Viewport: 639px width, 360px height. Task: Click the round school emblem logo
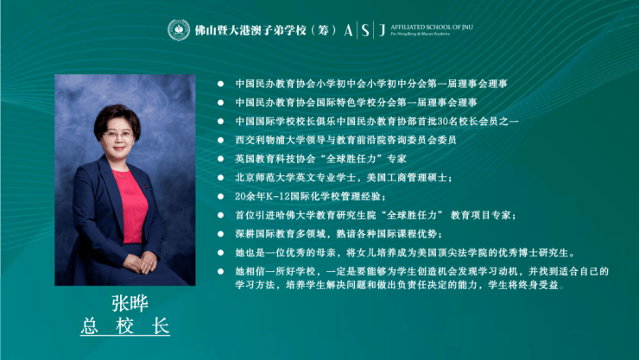click(x=179, y=29)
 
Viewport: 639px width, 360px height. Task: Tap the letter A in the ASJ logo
click(x=348, y=30)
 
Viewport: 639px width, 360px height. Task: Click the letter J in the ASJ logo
click(x=382, y=30)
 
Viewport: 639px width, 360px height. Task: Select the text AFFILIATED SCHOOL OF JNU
click(x=432, y=28)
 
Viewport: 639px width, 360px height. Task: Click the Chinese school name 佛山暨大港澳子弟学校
click(x=250, y=30)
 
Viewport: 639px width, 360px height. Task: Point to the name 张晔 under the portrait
click(x=130, y=303)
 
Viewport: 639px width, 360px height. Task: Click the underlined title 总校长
click(x=125, y=326)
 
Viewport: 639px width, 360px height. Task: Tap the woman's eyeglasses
click(x=118, y=135)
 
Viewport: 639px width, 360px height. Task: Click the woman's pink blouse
click(x=133, y=206)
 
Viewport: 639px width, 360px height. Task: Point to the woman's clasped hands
click(x=141, y=262)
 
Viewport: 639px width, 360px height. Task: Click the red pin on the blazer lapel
click(x=145, y=186)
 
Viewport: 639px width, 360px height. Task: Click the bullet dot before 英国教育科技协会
click(x=220, y=159)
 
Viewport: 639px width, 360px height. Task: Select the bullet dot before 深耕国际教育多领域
click(x=220, y=234)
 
